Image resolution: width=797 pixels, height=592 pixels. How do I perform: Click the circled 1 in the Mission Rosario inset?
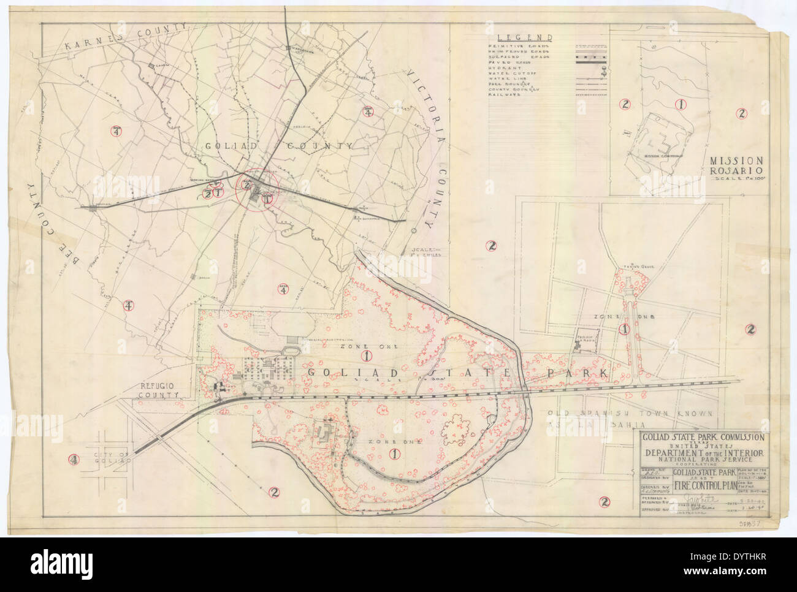tap(680, 104)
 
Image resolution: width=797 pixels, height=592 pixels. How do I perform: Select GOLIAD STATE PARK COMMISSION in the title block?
tap(703, 438)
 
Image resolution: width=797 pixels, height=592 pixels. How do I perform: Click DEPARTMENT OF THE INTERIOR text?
tap(703, 453)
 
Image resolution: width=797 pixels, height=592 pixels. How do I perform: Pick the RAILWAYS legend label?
tap(502, 95)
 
